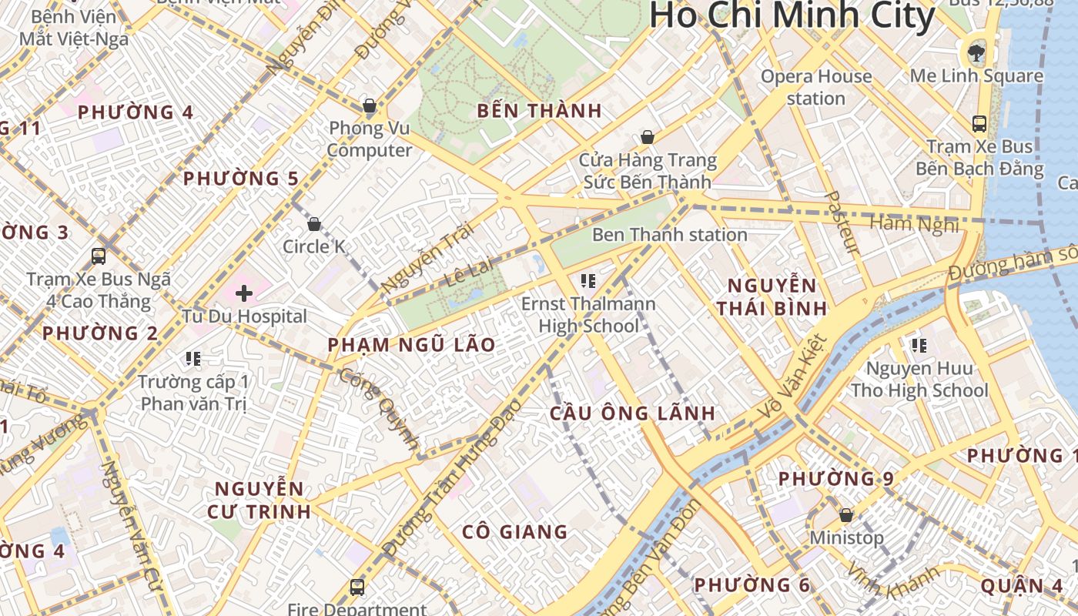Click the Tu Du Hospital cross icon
click(x=244, y=293)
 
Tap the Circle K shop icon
click(x=314, y=224)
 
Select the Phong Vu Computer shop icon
click(x=370, y=105)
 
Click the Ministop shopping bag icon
click(x=846, y=514)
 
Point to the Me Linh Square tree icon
click(x=976, y=53)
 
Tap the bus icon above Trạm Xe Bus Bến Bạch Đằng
click(x=979, y=123)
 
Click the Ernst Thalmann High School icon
click(x=589, y=281)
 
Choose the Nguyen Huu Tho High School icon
click(x=919, y=346)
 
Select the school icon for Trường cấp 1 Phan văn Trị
click(x=193, y=359)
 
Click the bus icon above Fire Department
click(x=357, y=588)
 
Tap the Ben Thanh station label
click(x=669, y=235)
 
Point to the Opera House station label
click(x=816, y=87)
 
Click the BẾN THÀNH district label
click(x=539, y=111)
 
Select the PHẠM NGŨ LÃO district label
click(x=411, y=345)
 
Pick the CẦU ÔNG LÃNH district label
click(x=632, y=413)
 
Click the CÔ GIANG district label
click(x=514, y=532)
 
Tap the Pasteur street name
click(x=841, y=223)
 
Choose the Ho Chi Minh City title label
click(x=792, y=16)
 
